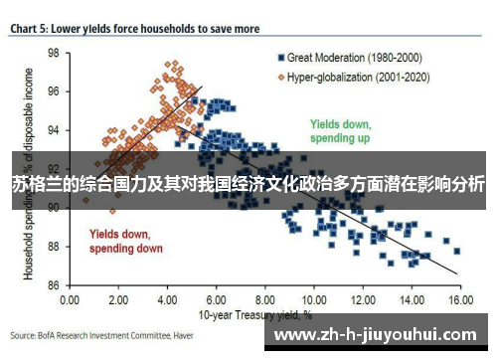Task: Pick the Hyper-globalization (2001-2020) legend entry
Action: coord(349,76)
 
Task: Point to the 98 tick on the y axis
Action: coord(53,53)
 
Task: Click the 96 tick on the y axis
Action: coord(53,91)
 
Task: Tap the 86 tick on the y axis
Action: coord(53,285)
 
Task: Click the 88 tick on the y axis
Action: coord(53,247)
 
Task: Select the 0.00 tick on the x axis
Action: coord(70,298)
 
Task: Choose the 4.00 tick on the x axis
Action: coord(166,298)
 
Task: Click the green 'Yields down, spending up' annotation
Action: coord(340,131)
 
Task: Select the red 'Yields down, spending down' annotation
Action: coord(126,241)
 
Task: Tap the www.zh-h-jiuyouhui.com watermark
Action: coord(378,335)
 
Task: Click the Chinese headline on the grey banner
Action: coord(248,184)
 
